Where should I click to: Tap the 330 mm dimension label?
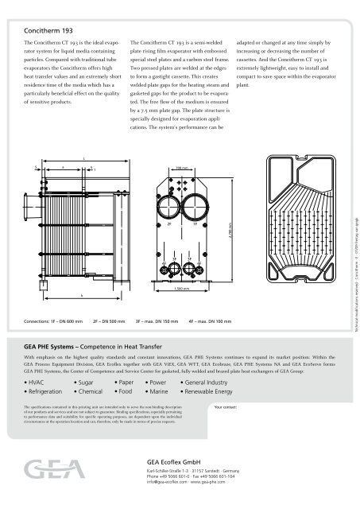pos(183,168)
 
